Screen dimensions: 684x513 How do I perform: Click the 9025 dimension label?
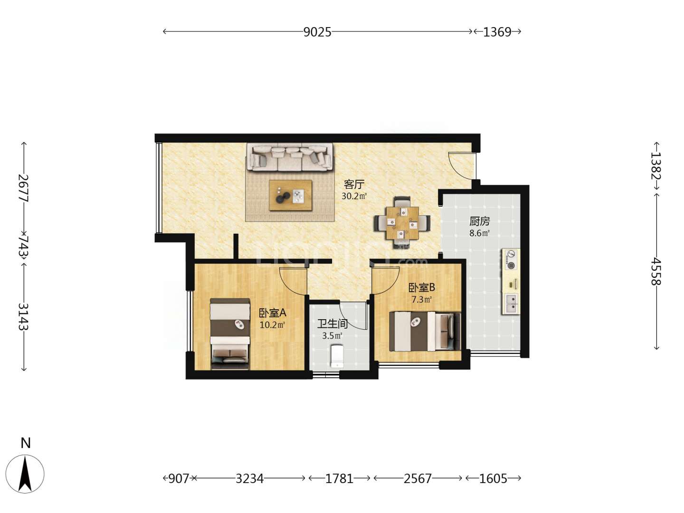[317, 32]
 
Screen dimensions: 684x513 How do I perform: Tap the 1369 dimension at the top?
[497, 32]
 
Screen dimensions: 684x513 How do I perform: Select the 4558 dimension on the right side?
[655, 271]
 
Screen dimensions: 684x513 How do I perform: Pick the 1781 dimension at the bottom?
[339, 478]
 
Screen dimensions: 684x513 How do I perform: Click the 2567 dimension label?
[418, 478]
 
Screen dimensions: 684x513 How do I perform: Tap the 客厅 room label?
[354, 184]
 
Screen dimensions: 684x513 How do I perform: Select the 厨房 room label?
[480, 221]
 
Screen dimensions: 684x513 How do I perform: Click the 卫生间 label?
[332, 323]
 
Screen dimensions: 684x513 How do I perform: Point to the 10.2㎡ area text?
[272, 325]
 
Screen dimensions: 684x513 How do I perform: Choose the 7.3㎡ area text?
[421, 300]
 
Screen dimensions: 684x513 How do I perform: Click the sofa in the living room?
[290, 157]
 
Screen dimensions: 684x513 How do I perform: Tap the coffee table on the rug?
[291, 195]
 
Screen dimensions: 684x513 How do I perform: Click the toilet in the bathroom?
[337, 356]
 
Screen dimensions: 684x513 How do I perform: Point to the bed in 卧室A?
[230, 334]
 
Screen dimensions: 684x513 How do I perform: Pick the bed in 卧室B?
[425, 331]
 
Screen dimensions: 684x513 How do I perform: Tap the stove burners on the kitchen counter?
[511, 259]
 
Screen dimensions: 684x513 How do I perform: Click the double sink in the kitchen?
[511, 304]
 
